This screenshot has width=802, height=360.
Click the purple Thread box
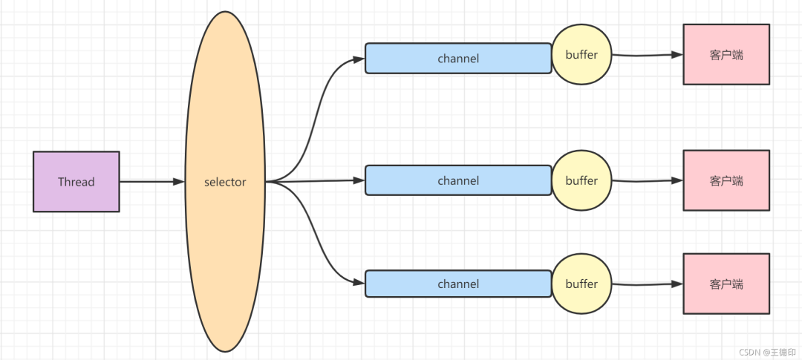[76, 182]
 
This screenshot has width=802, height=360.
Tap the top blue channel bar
[457, 59]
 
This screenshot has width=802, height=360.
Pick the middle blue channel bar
[457, 181]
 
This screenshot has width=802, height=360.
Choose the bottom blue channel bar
[457, 284]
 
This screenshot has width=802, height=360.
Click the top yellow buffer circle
[581, 55]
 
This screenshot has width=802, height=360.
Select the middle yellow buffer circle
[581, 180]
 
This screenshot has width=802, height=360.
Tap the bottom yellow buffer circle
[581, 284]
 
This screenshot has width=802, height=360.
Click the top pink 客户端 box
[726, 55]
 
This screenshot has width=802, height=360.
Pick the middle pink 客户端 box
[726, 180]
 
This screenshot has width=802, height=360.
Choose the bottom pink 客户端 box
[726, 284]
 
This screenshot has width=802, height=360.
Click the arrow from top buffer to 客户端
[646, 55]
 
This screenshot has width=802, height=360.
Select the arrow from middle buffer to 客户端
[646, 180]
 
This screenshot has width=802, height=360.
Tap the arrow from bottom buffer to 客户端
[646, 284]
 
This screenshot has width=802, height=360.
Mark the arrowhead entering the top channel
[358, 59]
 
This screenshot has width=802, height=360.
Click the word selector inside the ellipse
[225, 182]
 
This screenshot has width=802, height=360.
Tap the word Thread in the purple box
[76, 182]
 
